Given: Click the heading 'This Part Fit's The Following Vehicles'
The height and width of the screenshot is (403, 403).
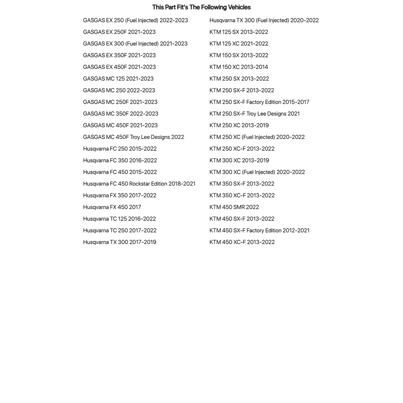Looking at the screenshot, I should pyautogui.click(x=201, y=7).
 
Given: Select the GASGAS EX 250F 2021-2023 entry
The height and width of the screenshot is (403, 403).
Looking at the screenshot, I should pyautogui.click(x=119, y=32).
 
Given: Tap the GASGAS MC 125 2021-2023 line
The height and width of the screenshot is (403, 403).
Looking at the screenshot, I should pyautogui.click(x=118, y=79).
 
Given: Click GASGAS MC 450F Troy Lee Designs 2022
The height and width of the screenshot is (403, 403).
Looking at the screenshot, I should pyautogui.click(x=133, y=137).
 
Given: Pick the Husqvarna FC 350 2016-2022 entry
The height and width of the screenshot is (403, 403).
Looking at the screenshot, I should pyautogui.click(x=120, y=160).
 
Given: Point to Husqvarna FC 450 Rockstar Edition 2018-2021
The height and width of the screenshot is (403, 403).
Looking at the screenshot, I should pyautogui.click(x=139, y=184).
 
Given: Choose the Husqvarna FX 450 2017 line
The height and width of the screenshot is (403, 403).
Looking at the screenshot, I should pyautogui.click(x=112, y=207).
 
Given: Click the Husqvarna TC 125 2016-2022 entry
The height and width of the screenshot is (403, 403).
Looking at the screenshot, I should pyautogui.click(x=119, y=219).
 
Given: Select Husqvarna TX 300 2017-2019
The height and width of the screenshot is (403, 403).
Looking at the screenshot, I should pyautogui.click(x=120, y=242).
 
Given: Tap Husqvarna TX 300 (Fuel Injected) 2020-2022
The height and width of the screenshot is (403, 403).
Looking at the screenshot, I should pyautogui.click(x=264, y=20).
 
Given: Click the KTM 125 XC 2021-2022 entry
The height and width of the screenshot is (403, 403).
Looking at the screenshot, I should pyautogui.click(x=238, y=44).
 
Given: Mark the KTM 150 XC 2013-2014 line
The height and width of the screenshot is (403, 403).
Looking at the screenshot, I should pyautogui.click(x=238, y=67).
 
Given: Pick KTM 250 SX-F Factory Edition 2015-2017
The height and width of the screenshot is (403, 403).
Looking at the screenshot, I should pyautogui.click(x=259, y=102).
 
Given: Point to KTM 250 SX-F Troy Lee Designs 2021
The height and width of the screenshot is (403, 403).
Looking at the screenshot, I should pyautogui.click(x=254, y=114).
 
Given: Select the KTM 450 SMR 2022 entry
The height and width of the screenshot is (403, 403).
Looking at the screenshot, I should pyautogui.click(x=234, y=207).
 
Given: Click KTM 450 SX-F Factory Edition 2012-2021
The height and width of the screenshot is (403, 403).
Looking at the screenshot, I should pyautogui.click(x=259, y=230).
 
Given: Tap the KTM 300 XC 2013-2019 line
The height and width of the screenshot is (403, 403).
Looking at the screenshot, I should pyautogui.click(x=239, y=160).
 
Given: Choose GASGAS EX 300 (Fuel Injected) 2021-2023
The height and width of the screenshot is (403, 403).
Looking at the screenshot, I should pyautogui.click(x=135, y=44).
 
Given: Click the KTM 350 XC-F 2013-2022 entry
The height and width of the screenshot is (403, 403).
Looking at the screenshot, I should pyautogui.click(x=242, y=196).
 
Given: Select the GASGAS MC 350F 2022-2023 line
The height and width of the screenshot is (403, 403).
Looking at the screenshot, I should pyautogui.click(x=120, y=114).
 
